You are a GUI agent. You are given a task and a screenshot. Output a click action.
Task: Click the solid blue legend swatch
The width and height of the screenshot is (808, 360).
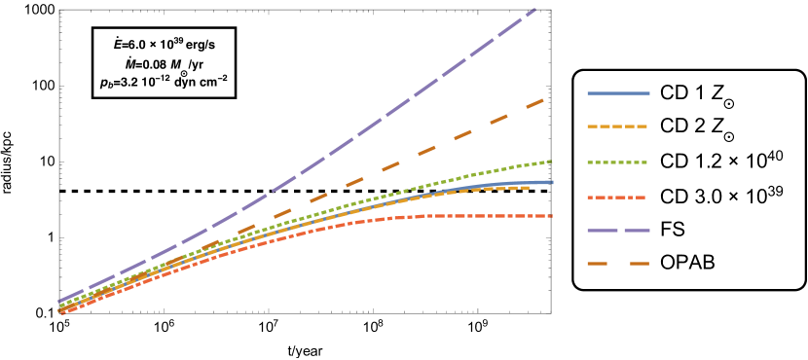tap(618, 93)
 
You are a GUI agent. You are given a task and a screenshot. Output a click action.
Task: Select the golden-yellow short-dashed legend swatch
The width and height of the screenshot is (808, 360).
tap(618, 126)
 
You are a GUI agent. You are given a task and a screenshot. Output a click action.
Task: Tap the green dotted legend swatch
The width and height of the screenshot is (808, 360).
tap(618, 162)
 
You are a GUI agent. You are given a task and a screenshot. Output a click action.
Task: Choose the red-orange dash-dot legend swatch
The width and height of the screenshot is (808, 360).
tap(618, 198)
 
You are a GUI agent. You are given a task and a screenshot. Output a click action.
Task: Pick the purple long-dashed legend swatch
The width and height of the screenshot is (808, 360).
tap(618, 231)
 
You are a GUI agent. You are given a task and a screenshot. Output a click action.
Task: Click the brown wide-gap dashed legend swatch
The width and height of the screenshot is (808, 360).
tap(618, 264)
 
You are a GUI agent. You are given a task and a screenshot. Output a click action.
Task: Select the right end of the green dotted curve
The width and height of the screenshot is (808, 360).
tap(552, 161)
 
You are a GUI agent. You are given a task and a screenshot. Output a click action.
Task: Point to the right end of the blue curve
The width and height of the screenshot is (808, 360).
tap(553, 182)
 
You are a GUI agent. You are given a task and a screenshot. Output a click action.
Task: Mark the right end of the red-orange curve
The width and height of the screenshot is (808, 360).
tap(552, 216)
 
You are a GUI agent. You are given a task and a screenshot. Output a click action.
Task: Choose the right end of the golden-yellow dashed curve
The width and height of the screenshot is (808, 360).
tap(530, 188)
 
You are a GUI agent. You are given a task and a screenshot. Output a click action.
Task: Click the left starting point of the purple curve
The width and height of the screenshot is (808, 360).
tap(59, 302)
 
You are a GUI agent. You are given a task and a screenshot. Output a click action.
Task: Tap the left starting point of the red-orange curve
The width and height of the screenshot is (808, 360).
tap(60, 313)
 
